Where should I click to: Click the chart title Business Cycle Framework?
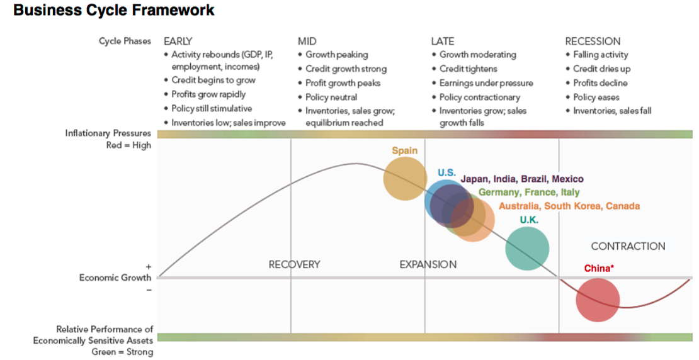(114, 11)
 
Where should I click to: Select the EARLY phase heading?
(178, 42)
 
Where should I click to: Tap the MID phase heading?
(307, 42)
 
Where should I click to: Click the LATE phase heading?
(443, 42)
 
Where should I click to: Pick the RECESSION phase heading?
(593, 42)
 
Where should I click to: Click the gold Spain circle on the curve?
(405, 179)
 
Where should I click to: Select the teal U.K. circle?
(527, 249)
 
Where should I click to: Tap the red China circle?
(598, 300)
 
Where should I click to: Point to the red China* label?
(599, 269)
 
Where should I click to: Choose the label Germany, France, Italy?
(529, 193)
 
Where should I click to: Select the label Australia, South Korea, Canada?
(569, 206)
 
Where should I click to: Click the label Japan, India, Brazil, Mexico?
(521, 179)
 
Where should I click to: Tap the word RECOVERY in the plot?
(294, 264)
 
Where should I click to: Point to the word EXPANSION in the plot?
(428, 264)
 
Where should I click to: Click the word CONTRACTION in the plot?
(628, 246)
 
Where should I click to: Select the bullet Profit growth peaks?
(343, 83)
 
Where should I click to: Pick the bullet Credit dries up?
(601, 69)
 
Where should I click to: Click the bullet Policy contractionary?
(479, 98)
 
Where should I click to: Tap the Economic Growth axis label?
(115, 278)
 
